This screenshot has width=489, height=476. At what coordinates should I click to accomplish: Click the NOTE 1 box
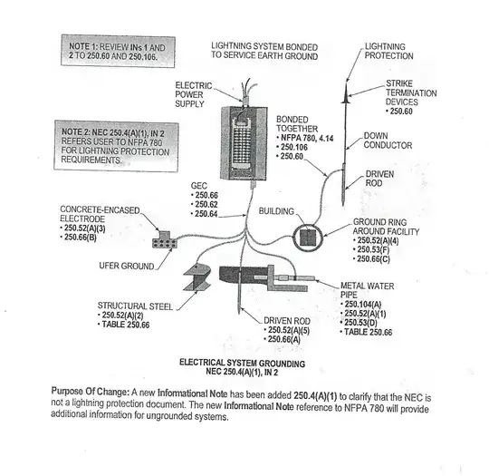tap(118, 51)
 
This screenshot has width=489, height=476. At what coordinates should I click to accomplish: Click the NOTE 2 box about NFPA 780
tap(116, 146)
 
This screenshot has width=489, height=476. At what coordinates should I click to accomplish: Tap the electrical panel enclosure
tap(244, 143)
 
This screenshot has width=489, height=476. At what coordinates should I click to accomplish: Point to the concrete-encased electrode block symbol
tap(164, 240)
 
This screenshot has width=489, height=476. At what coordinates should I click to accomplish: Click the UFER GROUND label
tap(126, 266)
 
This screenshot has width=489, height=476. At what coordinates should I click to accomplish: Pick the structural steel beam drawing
tap(197, 277)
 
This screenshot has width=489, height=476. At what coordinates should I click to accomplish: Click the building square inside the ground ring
tap(308, 238)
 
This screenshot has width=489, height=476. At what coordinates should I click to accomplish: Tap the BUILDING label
tap(276, 211)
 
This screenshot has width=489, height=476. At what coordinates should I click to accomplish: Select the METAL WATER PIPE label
tap(367, 290)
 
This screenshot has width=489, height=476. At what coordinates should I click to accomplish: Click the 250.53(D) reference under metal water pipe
tap(360, 323)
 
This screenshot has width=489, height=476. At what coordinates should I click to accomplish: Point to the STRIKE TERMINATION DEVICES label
tap(411, 92)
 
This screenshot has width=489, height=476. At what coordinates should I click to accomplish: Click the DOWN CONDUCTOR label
tap(388, 141)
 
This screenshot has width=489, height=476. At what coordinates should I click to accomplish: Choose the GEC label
tap(198, 186)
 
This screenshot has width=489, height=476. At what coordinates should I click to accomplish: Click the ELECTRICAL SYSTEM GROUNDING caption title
tap(243, 363)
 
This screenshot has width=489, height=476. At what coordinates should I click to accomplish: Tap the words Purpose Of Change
tap(91, 392)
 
